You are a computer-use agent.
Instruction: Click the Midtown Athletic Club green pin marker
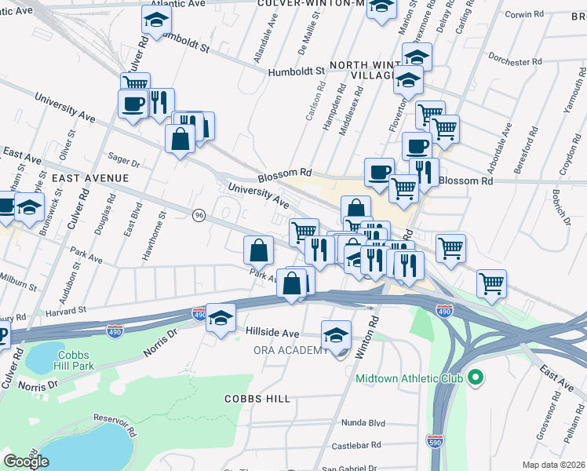474,378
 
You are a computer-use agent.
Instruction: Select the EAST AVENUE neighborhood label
90,178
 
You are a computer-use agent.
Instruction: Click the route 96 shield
199,215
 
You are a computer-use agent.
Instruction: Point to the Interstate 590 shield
436,440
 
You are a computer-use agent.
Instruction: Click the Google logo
26,462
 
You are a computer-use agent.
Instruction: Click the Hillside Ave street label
273,333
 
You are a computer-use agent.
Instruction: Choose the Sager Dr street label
124,163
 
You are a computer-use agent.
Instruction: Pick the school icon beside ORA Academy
336,334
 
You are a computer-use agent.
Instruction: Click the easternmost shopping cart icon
491,283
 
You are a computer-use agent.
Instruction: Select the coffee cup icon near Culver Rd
132,103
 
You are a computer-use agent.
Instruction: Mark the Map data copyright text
554,465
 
